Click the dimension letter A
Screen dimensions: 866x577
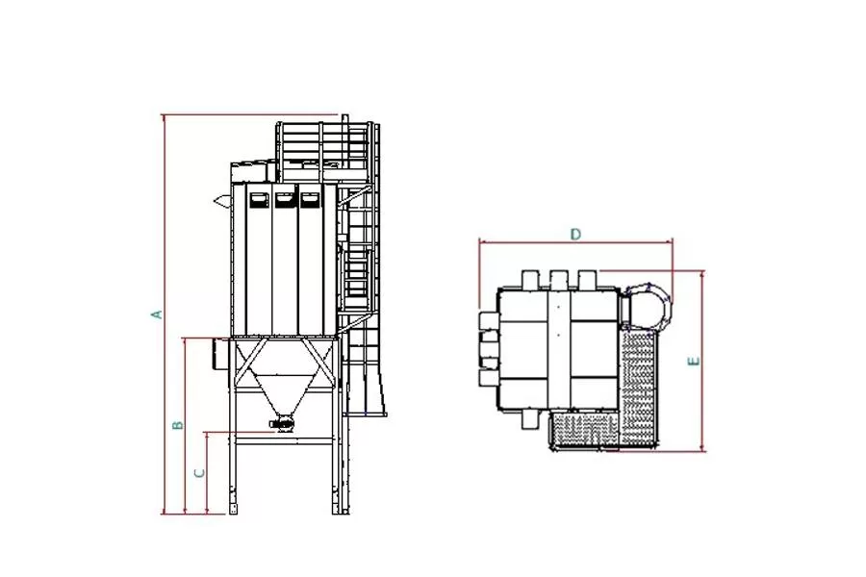158,314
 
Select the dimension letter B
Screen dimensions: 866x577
178,425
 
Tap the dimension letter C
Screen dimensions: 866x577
200,473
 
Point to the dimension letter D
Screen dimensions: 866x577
576,234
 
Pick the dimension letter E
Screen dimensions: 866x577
694,362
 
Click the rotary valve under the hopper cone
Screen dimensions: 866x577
282,423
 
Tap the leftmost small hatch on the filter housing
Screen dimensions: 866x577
258,200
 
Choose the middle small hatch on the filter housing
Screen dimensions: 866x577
285,200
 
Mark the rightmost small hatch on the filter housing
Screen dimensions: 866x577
310,200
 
